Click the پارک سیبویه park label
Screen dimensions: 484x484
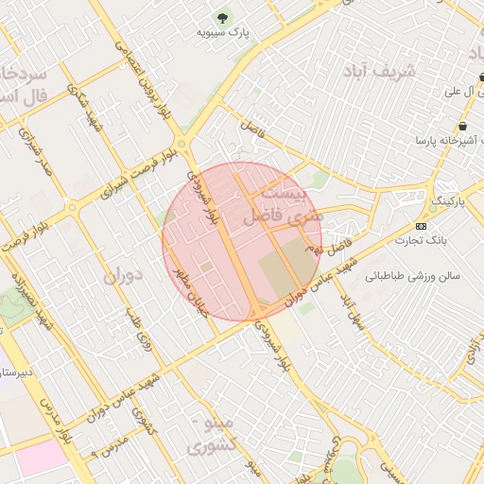222,32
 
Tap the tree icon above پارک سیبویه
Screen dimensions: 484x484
222,16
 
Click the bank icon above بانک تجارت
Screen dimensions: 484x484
422,226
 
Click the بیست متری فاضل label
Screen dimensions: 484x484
284,204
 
